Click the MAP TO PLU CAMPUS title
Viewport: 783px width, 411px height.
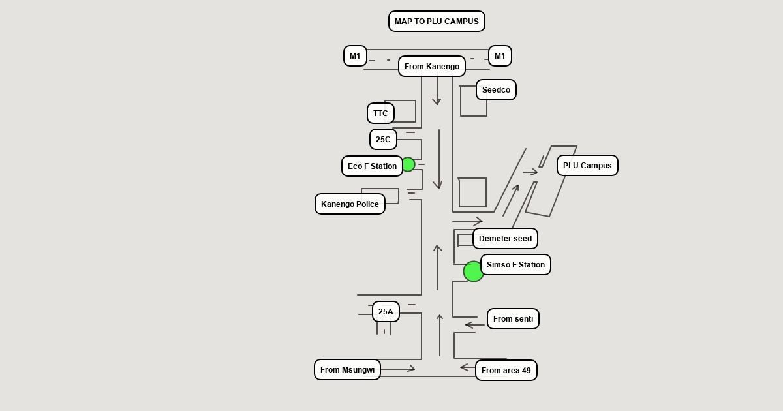(x=437, y=22)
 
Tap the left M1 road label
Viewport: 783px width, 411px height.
(x=355, y=56)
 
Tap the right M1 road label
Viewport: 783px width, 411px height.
(x=500, y=56)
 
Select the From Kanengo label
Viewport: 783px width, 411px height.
(x=432, y=67)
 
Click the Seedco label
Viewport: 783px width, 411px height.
(x=496, y=90)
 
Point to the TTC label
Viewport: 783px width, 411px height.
(x=380, y=114)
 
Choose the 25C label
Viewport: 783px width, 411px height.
(x=383, y=140)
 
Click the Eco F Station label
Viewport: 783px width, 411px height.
(x=372, y=166)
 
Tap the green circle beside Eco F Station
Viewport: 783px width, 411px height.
(x=408, y=164)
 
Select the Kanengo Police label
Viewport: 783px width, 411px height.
(x=350, y=204)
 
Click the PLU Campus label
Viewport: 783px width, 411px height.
(x=587, y=166)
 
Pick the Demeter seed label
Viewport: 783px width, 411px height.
(x=505, y=239)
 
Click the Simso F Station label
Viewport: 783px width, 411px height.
(x=515, y=265)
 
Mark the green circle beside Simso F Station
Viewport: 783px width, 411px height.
(x=473, y=271)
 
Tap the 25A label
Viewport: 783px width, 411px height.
(x=386, y=312)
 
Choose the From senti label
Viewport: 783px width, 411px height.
(x=513, y=319)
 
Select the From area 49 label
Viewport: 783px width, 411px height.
(x=506, y=371)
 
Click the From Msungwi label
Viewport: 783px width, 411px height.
(x=347, y=370)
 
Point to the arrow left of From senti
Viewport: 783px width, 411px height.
(x=474, y=324)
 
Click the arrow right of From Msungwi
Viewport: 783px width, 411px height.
(x=398, y=369)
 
